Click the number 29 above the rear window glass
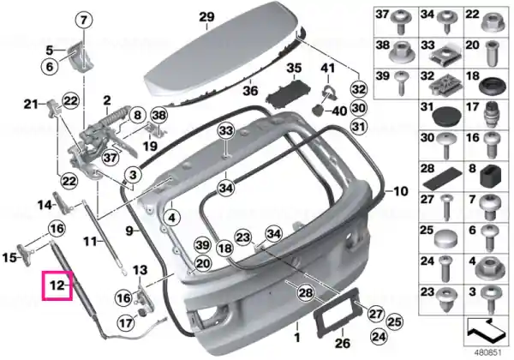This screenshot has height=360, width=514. coord(206,17)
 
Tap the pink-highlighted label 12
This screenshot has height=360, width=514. coord(57,285)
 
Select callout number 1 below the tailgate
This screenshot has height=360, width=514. coord(297,337)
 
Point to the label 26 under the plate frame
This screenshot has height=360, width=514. coord(343,343)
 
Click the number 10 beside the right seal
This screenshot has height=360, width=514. coord(400,191)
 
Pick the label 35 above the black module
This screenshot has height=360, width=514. coord(294,69)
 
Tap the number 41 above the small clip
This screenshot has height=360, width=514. coord(328,68)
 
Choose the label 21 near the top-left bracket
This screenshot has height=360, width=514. coord(31,105)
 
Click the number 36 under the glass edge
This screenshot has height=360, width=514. coord(250,91)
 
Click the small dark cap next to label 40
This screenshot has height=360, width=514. coord(317,110)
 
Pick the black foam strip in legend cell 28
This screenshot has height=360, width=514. coord(443,178)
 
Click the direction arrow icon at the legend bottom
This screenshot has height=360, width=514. coord(486,331)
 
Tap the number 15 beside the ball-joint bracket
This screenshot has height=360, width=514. coord(9,257)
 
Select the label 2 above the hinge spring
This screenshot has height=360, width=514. coord(107,100)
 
